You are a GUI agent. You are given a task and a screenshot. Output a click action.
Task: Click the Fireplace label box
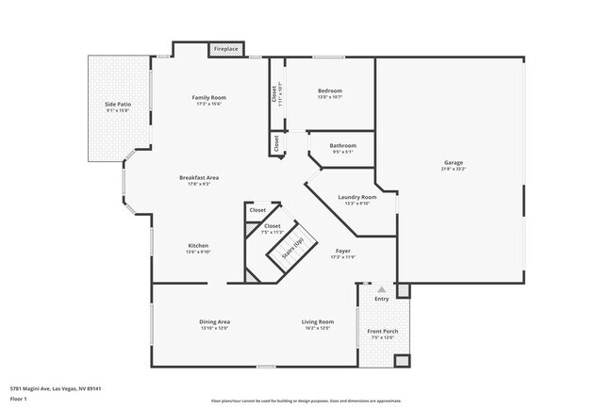click(225, 48)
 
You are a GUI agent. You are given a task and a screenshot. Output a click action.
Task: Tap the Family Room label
click(208, 97)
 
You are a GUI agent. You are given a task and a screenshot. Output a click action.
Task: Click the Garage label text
click(454, 163)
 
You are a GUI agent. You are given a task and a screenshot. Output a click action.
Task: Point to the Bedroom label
click(329, 90)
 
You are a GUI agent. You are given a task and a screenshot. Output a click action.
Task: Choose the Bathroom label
click(343, 145)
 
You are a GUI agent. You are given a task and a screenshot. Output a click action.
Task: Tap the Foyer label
click(342, 252)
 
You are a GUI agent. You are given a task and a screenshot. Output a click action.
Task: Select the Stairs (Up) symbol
click(290, 248)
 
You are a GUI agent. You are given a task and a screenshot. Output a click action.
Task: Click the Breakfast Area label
click(200, 177)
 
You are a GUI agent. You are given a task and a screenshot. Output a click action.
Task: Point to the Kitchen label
click(198, 245)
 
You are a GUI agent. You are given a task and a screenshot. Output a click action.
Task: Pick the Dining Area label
click(214, 321)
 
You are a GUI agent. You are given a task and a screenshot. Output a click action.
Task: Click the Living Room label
click(318, 321)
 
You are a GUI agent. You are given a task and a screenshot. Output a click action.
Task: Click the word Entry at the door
click(381, 299)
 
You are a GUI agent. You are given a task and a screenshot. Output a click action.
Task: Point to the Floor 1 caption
click(18, 399)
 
